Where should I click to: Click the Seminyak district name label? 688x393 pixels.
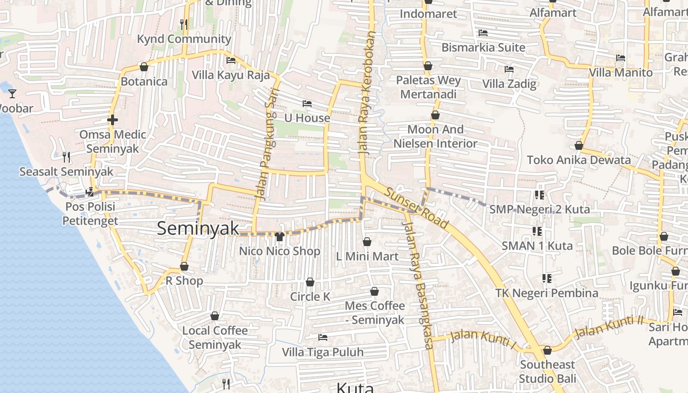click(x=198, y=228)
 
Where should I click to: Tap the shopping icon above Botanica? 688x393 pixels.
click(x=144, y=67)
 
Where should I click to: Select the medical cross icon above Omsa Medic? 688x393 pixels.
click(x=113, y=119)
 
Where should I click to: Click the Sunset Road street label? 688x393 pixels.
click(x=417, y=208)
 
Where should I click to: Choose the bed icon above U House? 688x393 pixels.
click(x=307, y=104)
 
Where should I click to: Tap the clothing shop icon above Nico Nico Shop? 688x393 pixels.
click(x=280, y=237)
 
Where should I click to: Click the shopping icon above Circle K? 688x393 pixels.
click(x=310, y=282)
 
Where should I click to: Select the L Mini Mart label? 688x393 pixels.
click(x=368, y=256)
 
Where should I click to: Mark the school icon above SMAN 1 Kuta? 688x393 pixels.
click(x=537, y=231)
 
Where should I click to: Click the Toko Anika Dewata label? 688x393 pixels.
click(x=579, y=160)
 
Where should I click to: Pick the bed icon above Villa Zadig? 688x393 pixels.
click(x=509, y=69)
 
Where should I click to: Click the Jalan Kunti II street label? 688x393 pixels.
click(x=609, y=327)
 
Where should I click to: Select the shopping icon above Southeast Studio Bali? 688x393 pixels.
click(x=547, y=350)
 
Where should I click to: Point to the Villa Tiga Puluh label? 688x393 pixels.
click(x=323, y=352)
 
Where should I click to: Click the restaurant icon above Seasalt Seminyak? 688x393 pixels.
click(x=66, y=157)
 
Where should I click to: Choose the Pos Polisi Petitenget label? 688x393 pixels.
click(x=90, y=213)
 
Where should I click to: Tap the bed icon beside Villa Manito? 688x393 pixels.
click(x=621, y=58)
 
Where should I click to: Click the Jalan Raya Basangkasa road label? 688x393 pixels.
click(x=418, y=285)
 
